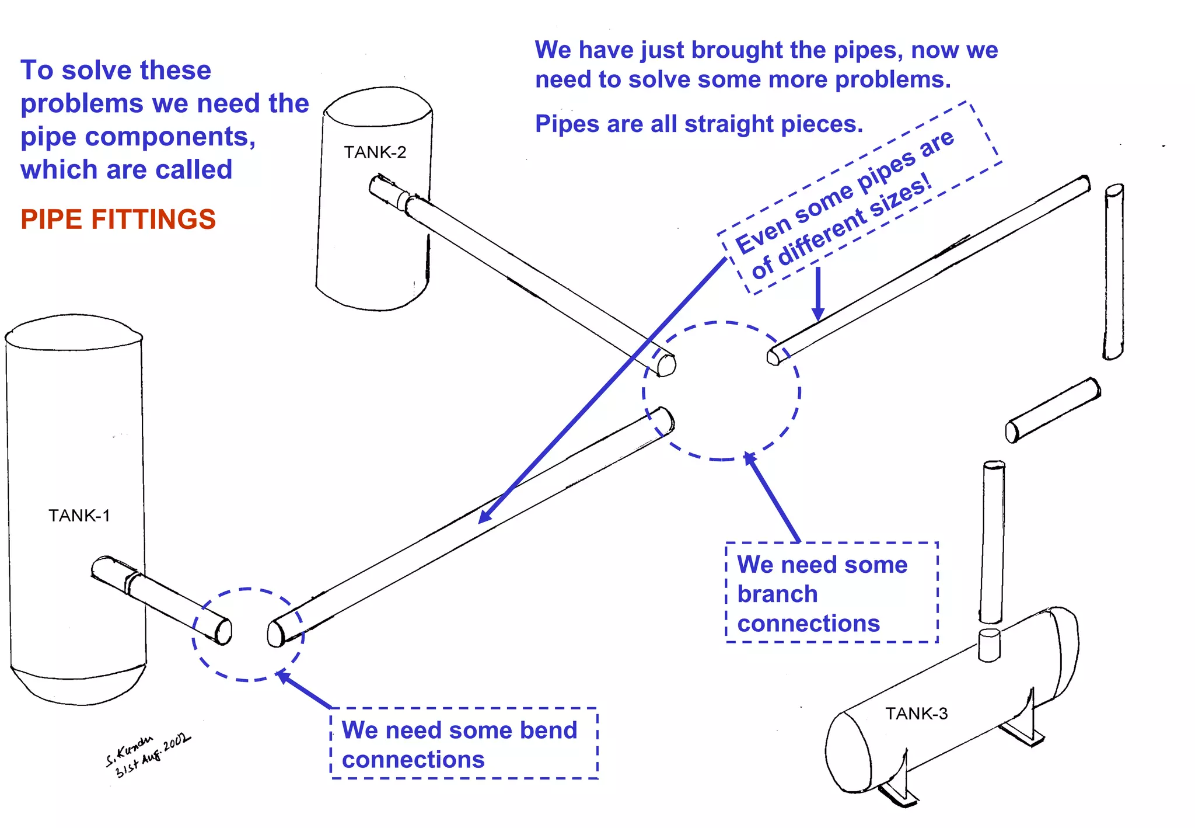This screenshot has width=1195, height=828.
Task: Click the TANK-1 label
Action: tap(79, 516)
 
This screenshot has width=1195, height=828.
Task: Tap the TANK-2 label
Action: tap(375, 152)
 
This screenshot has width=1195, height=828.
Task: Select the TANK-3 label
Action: tap(916, 714)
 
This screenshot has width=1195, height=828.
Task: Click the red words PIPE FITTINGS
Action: tap(118, 220)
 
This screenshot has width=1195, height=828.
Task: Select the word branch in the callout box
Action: tap(777, 594)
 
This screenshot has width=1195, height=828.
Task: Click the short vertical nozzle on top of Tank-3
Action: tap(989, 645)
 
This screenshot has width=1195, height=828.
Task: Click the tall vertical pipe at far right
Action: tap(1113, 272)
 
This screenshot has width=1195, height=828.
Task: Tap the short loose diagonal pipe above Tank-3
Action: tap(1053, 410)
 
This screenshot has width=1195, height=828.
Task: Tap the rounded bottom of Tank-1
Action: tap(79, 689)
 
